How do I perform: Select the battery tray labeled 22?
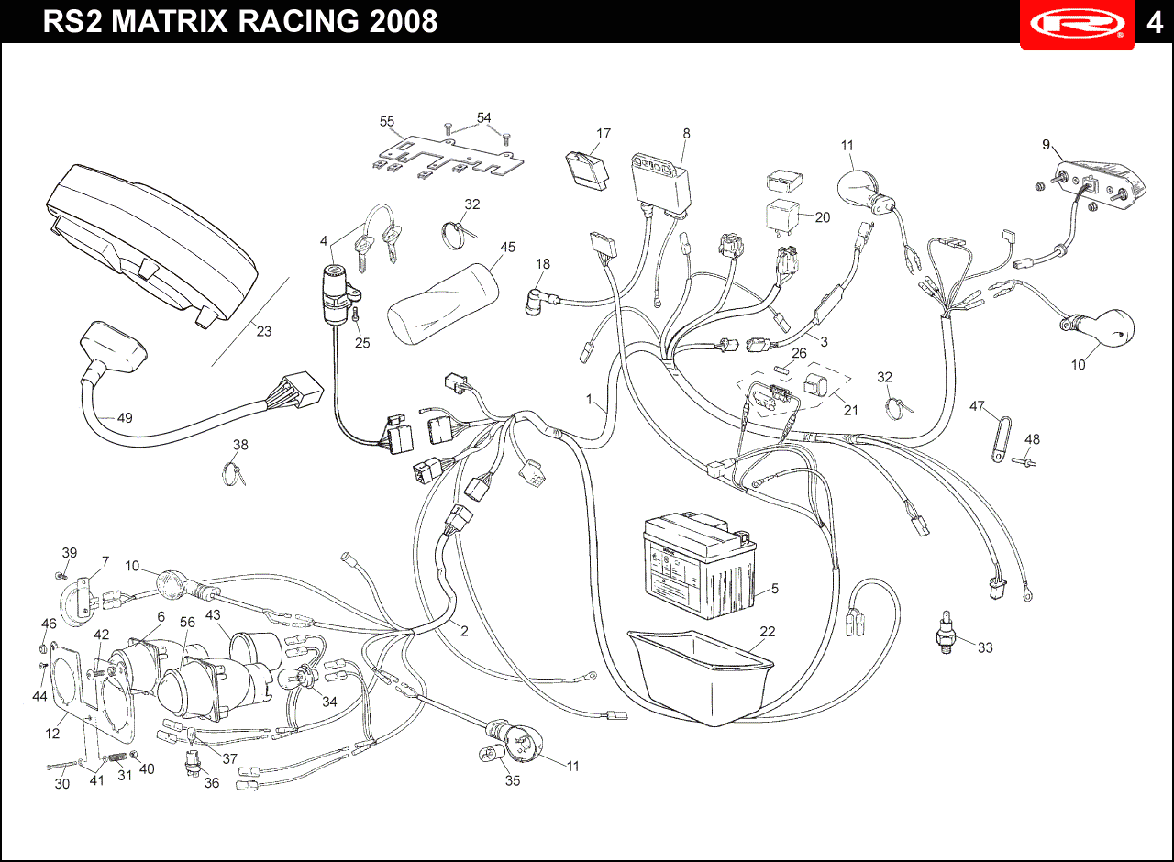701,677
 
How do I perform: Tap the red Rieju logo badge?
1077,24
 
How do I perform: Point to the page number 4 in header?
1155,23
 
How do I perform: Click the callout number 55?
387,122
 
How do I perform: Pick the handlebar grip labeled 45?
443,304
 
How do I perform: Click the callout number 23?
263,331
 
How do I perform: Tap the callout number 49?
125,417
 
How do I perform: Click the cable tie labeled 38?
232,473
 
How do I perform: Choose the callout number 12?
52,733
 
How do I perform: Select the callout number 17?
604,134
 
